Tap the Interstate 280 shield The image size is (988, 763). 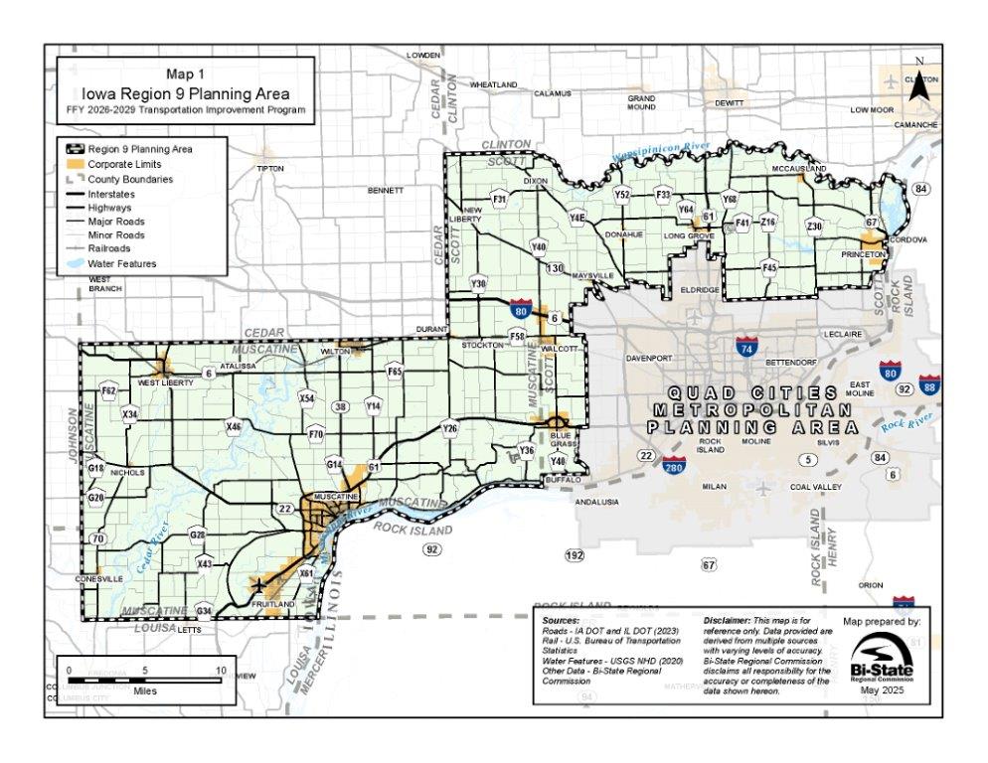tap(674, 462)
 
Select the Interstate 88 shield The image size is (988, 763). tap(930, 382)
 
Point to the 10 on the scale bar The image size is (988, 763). tap(221, 671)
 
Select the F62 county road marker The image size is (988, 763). tap(109, 391)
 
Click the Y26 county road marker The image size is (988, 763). tap(449, 428)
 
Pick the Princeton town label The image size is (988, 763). tap(863, 255)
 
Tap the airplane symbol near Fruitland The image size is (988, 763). tap(259, 584)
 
